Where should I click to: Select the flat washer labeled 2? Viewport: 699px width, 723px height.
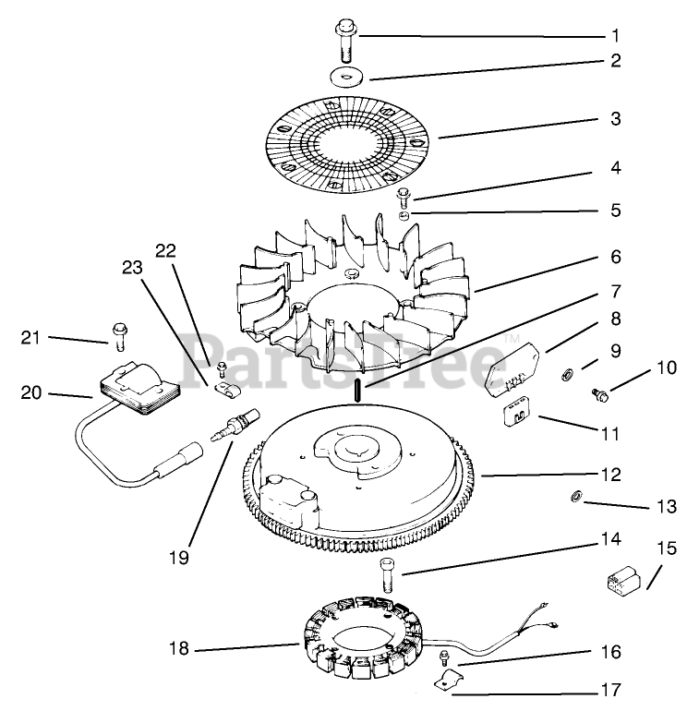[346, 76]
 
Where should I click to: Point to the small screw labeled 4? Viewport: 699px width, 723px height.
[404, 196]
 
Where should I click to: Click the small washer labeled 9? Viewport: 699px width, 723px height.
[566, 374]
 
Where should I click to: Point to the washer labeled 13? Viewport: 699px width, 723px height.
[573, 500]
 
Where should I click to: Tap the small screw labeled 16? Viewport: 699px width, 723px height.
[445, 658]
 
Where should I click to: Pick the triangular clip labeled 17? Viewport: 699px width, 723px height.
[449, 684]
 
